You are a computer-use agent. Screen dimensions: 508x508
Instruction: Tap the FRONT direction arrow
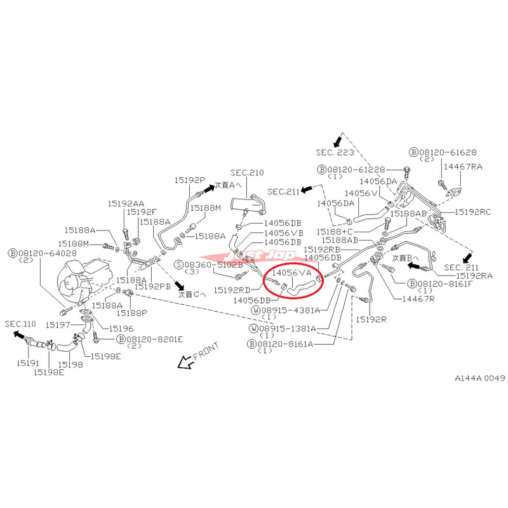[x=187, y=363]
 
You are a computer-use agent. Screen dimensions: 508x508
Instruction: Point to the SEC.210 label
[x=247, y=173]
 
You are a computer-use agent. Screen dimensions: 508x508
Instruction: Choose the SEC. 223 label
[x=334, y=152]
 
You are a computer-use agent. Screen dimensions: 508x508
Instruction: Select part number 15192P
[x=190, y=180]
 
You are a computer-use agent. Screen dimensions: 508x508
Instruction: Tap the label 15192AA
[x=125, y=203]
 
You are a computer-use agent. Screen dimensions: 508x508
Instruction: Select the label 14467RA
[x=463, y=166]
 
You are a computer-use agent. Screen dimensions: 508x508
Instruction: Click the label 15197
[x=63, y=324]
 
